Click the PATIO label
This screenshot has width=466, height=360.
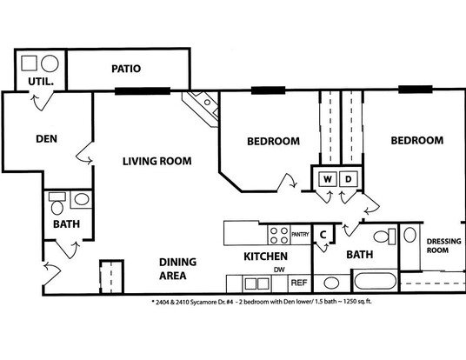(x=126, y=69)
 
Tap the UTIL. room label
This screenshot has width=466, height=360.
(x=41, y=82)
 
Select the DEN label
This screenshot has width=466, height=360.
(x=46, y=139)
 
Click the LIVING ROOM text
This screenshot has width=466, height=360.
(x=157, y=161)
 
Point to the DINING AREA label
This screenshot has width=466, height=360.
(x=177, y=269)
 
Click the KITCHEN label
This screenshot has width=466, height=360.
(x=266, y=257)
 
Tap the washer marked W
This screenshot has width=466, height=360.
(x=328, y=179)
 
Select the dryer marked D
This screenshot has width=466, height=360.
(x=349, y=179)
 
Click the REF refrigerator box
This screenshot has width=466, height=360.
(x=299, y=283)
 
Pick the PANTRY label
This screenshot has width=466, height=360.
(x=300, y=235)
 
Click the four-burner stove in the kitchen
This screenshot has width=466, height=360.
(x=279, y=235)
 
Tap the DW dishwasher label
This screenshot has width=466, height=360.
(x=279, y=270)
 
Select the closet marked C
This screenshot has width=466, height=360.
(x=323, y=234)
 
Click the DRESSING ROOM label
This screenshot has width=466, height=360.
(x=443, y=245)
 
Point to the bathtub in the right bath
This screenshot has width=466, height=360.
(x=375, y=281)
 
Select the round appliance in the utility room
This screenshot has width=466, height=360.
(x=50, y=63)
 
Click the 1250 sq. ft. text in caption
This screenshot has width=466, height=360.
(x=357, y=302)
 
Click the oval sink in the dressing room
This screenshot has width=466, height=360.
(x=409, y=235)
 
